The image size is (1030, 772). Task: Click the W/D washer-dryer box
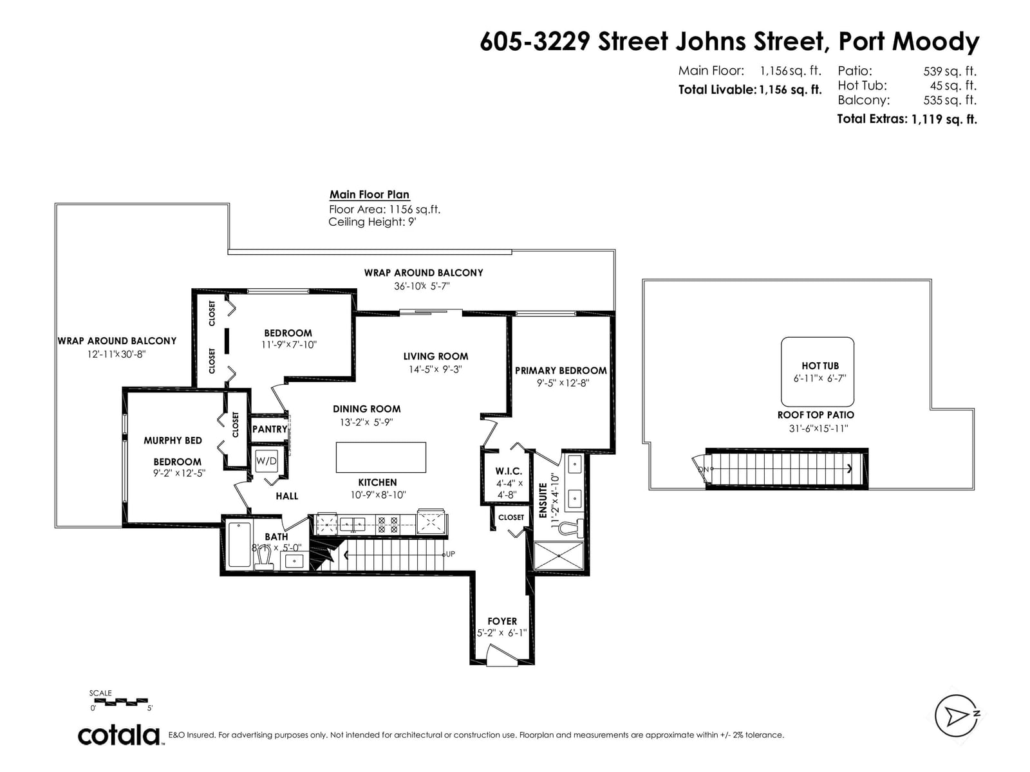(x=266, y=462)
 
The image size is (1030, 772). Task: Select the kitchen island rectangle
(x=380, y=457)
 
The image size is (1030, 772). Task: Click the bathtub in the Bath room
(x=239, y=545)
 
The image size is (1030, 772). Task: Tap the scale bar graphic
(x=120, y=702)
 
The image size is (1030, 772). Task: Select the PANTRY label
(x=270, y=429)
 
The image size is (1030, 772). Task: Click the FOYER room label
(x=501, y=621)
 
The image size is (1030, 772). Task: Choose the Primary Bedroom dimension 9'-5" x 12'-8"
(x=563, y=383)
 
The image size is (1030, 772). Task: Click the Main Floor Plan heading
(x=370, y=194)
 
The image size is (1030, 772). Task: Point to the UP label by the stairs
(x=450, y=554)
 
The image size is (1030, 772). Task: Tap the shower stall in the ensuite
(x=559, y=556)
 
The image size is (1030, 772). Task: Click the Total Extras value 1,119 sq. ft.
(x=944, y=119)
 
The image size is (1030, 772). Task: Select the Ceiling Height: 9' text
(x=372, y=222)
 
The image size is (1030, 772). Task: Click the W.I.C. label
(x=508, y=471)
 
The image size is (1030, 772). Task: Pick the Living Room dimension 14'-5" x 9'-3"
(x=435, y=369)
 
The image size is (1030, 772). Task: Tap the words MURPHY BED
(x=173, y=441)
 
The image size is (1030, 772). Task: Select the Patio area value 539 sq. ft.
(x=950, y=71)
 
